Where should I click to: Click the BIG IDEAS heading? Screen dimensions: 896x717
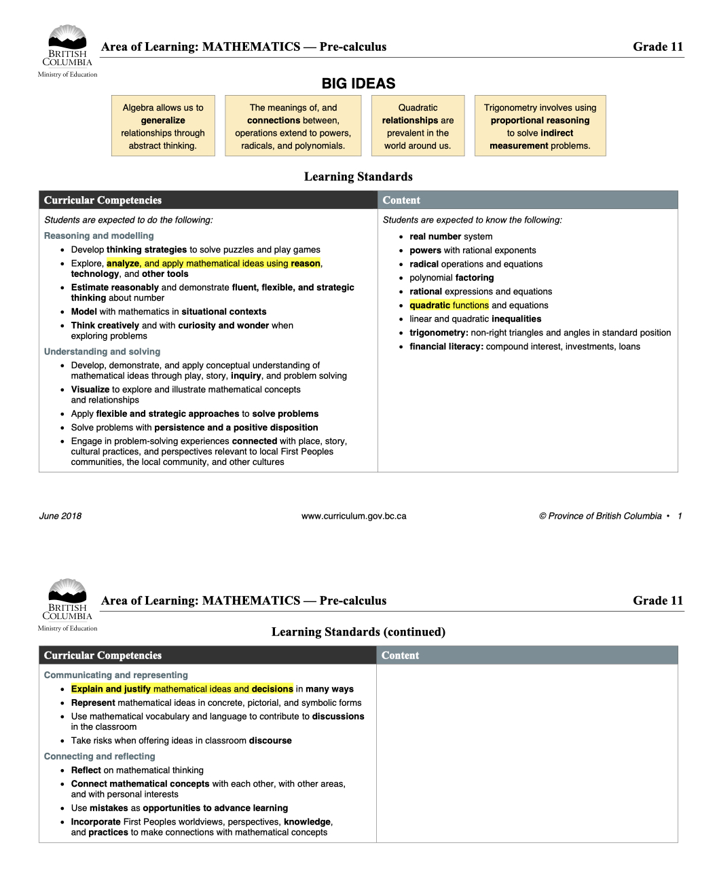click(358, 83)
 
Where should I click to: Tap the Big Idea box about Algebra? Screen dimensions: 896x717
click(163, 126)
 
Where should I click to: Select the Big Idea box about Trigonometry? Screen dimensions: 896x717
click(540, 126)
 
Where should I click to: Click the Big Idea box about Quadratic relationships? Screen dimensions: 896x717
click(418, 126)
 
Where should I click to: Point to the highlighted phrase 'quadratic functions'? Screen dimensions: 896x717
click(449, 305)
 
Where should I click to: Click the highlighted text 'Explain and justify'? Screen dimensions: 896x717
click(111, 689)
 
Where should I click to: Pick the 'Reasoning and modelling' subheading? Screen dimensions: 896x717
click(98, 236)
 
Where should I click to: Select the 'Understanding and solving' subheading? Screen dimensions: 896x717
click(102, 352)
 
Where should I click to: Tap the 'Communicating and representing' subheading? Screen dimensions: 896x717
click(115, 675)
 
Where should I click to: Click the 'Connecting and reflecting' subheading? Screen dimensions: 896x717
click(99, 756)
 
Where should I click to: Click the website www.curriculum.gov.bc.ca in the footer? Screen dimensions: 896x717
click(354, 516)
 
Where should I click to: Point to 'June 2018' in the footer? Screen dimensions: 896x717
click(60, 516)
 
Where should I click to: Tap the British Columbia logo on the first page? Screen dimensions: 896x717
click(67, 51)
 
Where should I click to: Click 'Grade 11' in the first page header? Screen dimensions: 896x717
click(657, 47)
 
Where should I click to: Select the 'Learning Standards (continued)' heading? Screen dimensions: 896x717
click(358, 632)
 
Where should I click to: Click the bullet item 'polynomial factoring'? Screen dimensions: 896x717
click(452, 278)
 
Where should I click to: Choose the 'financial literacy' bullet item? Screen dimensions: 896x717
click(524, 346)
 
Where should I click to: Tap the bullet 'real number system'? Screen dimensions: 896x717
click(451, 236)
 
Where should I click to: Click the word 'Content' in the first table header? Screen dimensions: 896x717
click(401, 200)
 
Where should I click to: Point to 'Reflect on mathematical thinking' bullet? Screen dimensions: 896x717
click(137, 770)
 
